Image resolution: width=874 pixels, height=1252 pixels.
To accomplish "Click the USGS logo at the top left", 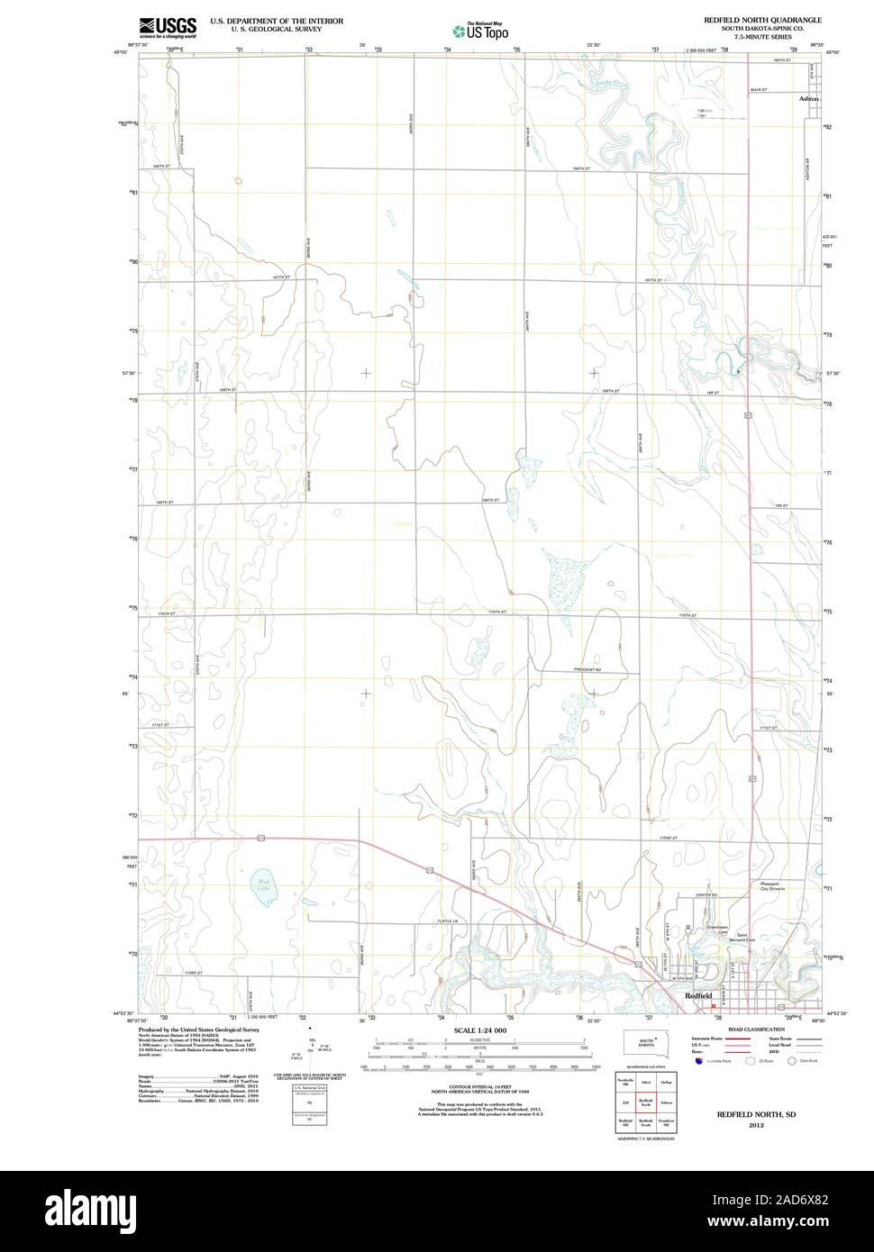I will (x=168, y=26).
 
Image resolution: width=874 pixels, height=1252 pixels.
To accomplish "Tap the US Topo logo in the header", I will (x=480, y=30).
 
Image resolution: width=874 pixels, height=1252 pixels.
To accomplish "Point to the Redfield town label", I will (x=698, y=995).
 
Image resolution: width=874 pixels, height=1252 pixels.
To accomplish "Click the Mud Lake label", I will (x=262, y=885).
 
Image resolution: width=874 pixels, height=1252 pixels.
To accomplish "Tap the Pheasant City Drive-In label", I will (x=771, y=886).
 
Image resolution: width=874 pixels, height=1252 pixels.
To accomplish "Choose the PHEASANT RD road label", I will (x=587, y=670).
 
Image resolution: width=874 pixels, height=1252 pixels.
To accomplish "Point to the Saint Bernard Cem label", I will (x=746, y=937).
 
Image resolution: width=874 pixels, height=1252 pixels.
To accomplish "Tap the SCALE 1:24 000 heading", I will (x=478, y=1030).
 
